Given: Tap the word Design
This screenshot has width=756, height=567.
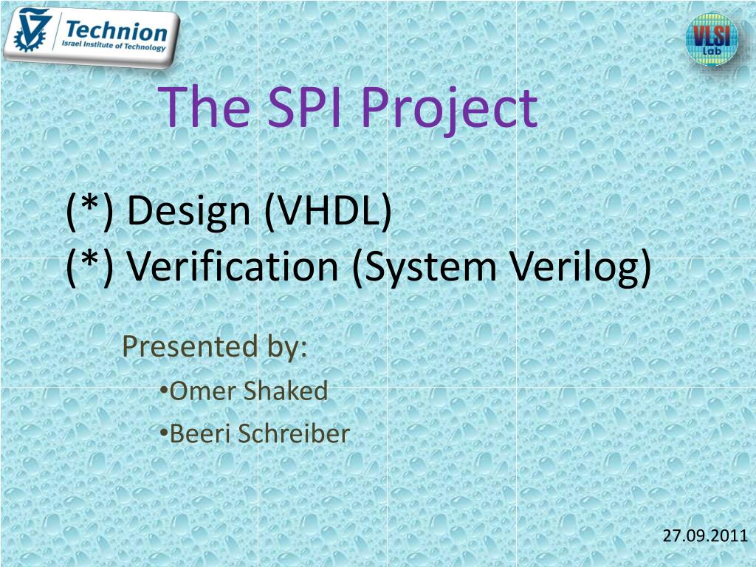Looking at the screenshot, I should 189,211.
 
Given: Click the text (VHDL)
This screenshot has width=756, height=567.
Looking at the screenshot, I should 326,211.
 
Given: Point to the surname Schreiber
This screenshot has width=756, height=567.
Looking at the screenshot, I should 294,434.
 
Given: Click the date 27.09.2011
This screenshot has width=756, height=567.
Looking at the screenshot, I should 705,536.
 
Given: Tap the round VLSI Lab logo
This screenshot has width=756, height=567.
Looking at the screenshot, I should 712,39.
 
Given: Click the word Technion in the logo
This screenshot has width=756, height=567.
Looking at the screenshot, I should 116,32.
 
